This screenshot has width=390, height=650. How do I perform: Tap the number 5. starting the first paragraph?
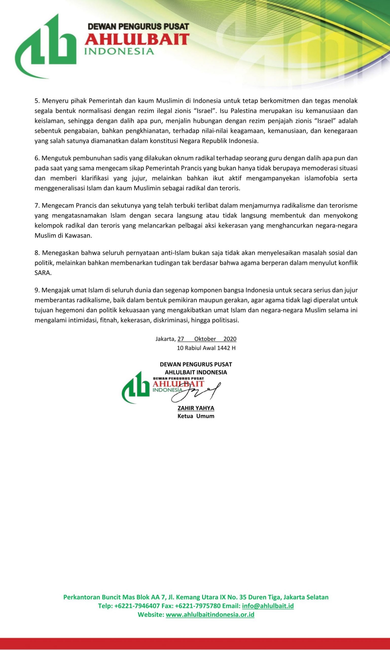click(x=37, y=101)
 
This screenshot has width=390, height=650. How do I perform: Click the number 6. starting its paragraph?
click(x=37, y=158)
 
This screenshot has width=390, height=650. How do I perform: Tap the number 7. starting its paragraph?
click(x=37, y=205)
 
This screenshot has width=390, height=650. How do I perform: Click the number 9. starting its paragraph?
click(x=37, y=290)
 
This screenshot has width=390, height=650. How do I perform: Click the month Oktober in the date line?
click(x=205, y=339)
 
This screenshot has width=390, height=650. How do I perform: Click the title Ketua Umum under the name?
click(x=196, y=416)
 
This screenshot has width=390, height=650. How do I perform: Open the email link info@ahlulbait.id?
click(x=268, y=606)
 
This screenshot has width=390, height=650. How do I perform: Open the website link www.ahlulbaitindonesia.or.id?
click(x=210, y=615)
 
